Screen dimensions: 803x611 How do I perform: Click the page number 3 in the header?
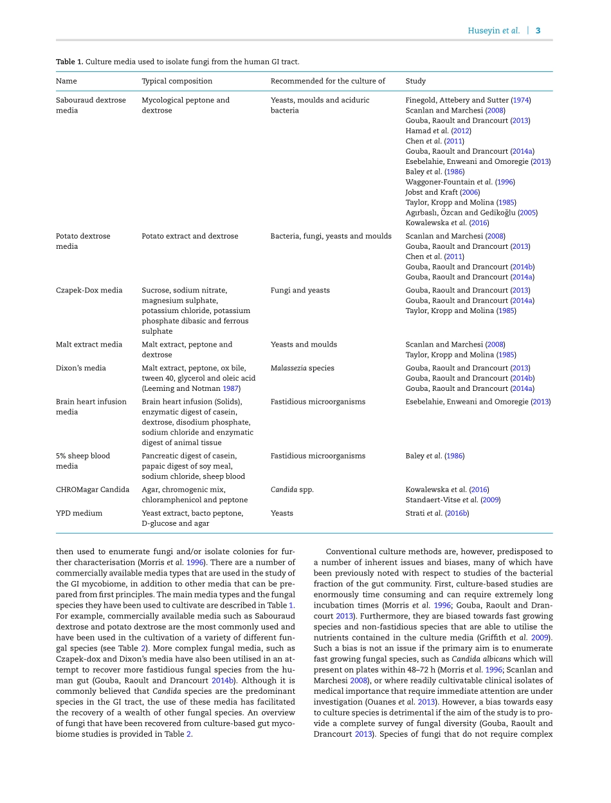[x=538, y=31]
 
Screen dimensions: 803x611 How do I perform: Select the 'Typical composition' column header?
[x=177, y=81]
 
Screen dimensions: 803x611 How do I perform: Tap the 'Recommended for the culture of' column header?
[x=327, y=81]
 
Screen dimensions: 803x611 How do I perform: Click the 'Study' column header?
[x=415, y=81]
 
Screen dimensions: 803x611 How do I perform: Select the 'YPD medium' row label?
[x=79, y=514]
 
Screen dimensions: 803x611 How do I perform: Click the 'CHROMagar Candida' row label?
[x=93, y=490]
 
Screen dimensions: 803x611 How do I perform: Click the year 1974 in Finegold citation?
[x=520, y=100]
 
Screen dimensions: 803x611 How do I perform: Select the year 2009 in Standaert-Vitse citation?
[x=490, y=500]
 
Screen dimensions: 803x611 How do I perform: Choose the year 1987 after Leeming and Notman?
[x=230, y=389]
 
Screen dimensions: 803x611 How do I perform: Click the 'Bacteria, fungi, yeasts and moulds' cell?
[x=331, y=237]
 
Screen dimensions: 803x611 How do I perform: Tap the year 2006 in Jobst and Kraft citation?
[x=470, y=192]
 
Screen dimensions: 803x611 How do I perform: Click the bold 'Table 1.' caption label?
[x=69, y=62]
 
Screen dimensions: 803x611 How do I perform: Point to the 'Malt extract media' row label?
[x=89, y=345]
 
